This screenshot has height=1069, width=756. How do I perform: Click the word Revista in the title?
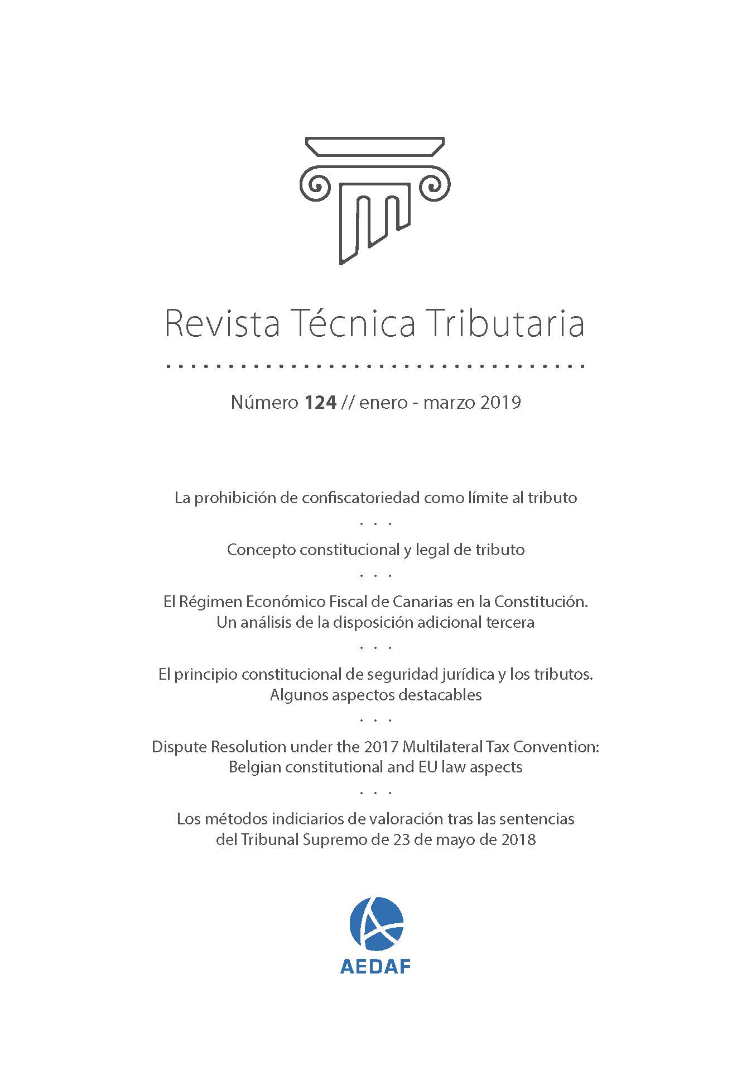(222, 323)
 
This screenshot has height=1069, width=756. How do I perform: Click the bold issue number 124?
(320, 402)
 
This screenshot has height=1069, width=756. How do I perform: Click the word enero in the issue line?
(383, 402)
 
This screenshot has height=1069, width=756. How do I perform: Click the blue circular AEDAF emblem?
(376, 924)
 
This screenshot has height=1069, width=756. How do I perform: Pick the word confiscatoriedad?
(361, 498)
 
